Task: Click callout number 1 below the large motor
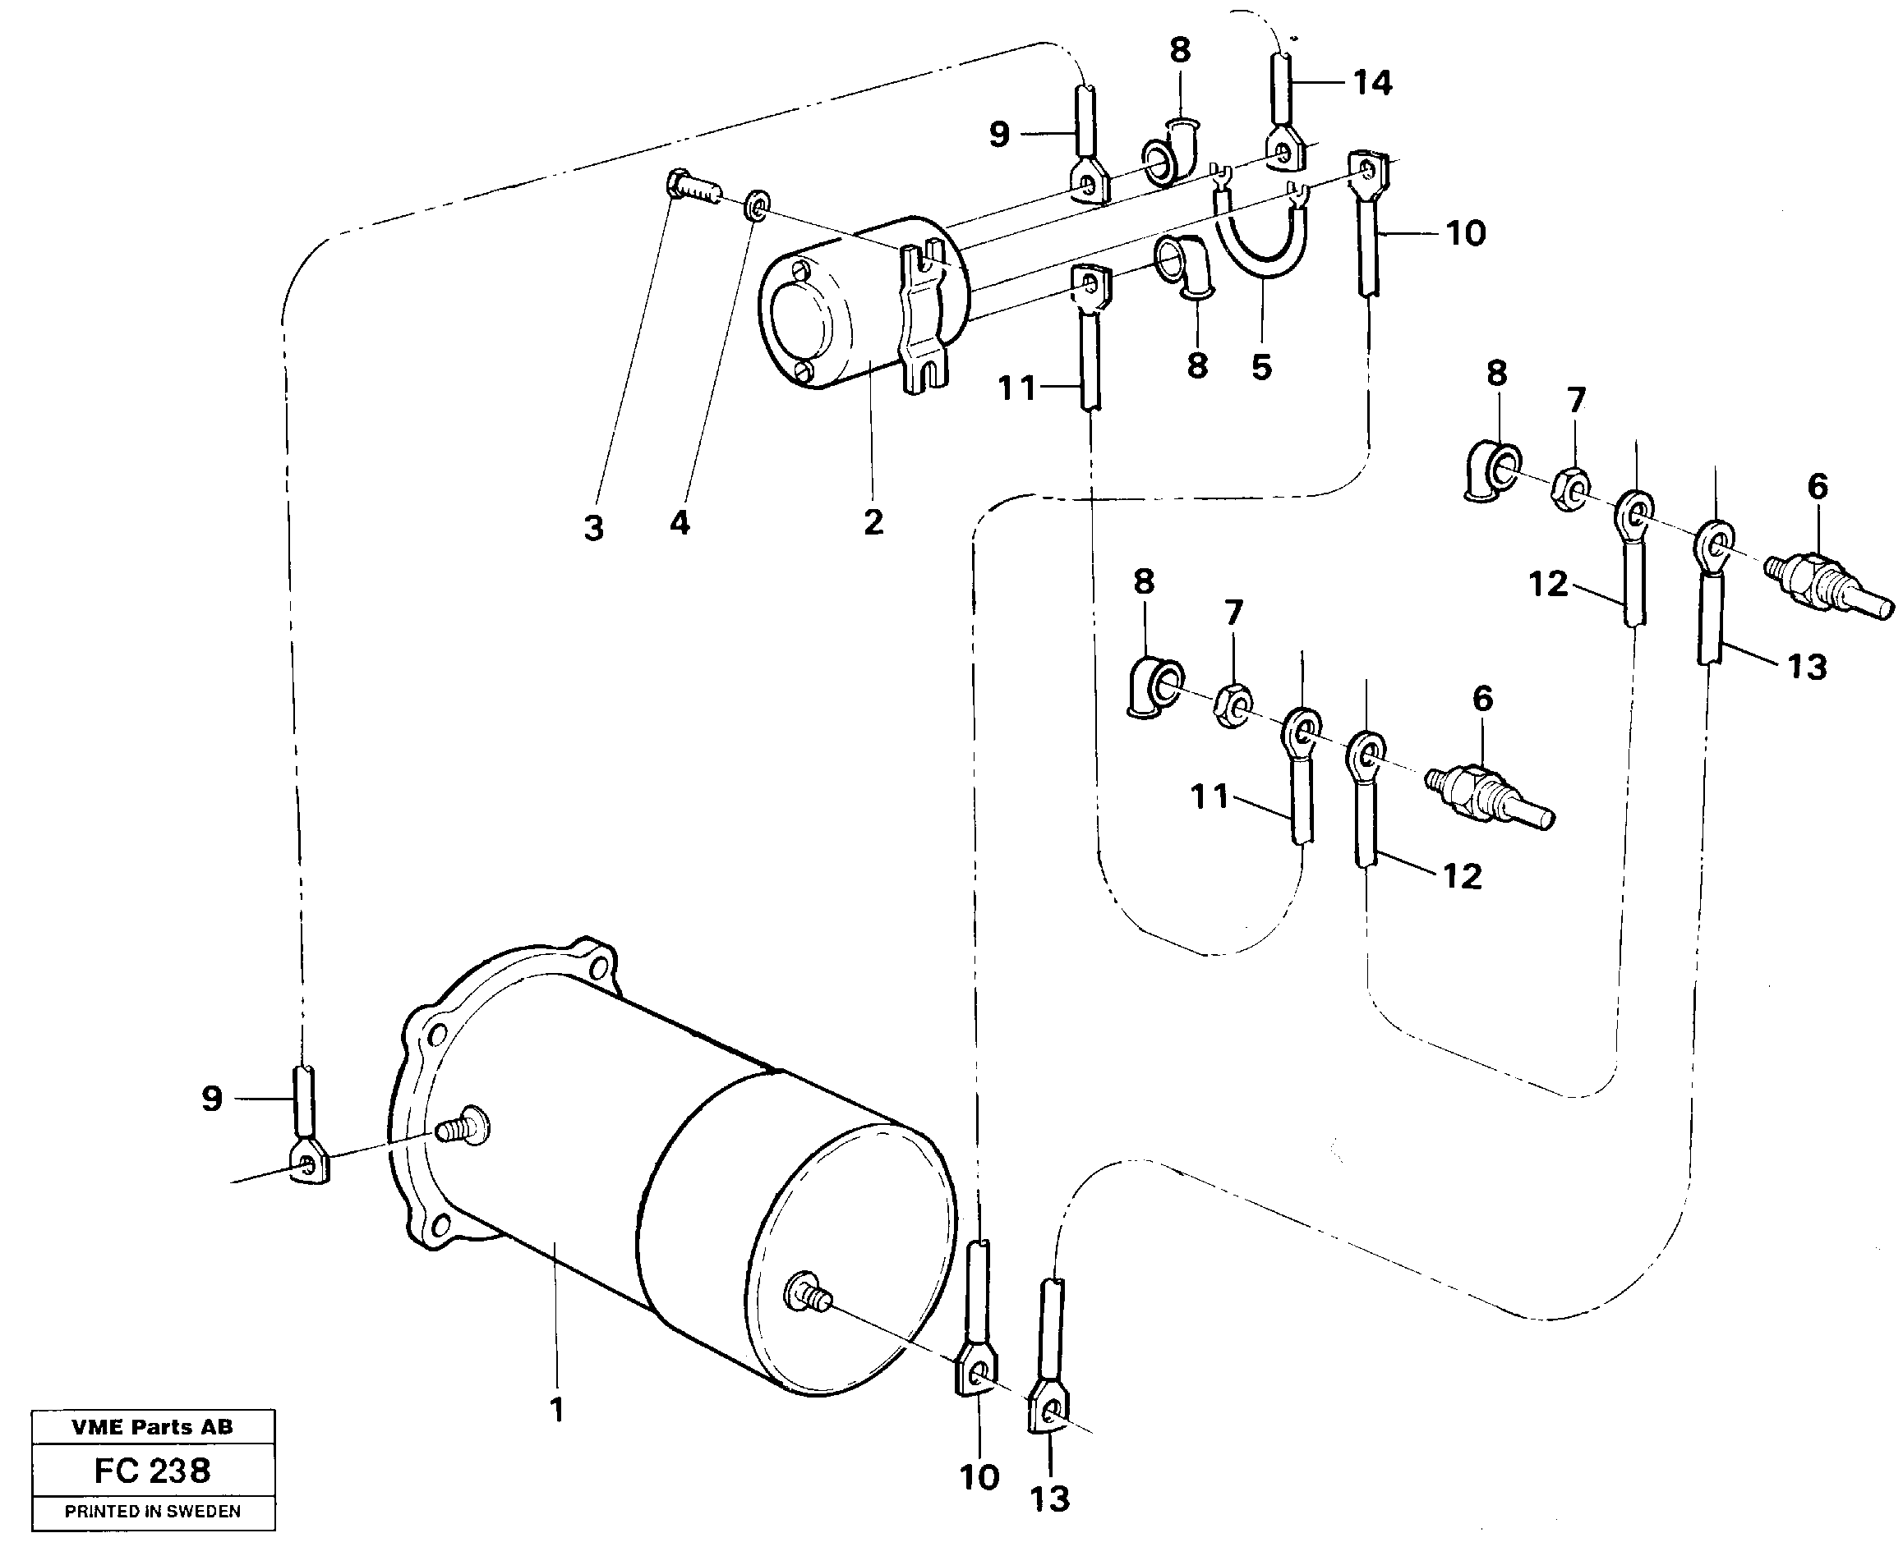[557, 1410]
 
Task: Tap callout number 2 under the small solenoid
[873, 521]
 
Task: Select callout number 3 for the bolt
[592, 528]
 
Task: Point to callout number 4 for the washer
[679, 522]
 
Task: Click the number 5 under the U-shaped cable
[1261, 365]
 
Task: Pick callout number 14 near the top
[1372, 84]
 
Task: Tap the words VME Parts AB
[153, 1427]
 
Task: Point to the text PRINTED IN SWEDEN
[153, 1511]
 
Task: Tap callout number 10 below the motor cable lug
[979, 1477]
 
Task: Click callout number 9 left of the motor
[212, 1098]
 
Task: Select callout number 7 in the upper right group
[1576, 400]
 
